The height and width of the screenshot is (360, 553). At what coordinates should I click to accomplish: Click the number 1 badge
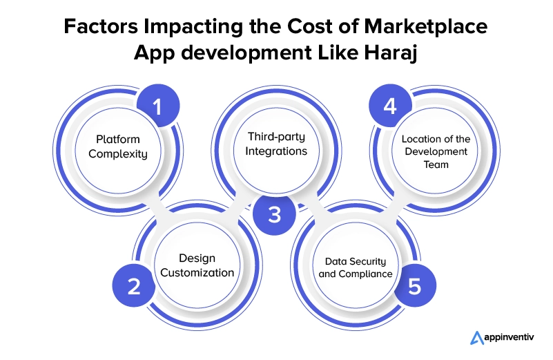coord(158,106)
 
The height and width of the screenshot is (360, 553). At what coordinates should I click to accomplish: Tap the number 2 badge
coord(134,285)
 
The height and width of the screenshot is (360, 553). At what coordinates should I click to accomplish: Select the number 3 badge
coord(274,214)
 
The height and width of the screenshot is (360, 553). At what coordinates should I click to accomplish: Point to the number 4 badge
coord(391,106)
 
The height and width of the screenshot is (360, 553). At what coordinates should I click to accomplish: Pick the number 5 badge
coord(415,285)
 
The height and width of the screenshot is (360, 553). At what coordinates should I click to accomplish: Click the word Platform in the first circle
coord(118,140)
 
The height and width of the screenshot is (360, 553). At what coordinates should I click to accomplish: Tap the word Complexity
coord(118,154)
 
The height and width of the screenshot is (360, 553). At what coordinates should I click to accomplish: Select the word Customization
coord(197,273)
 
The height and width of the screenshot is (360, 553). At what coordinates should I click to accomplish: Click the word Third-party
coord(276,137)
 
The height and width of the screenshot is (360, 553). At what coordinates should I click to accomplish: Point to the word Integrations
coord(276,151)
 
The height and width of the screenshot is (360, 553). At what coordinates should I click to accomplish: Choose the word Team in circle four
coord(436,164)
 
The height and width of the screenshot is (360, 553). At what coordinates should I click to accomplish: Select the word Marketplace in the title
coord(426,26)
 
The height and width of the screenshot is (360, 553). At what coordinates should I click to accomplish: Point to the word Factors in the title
coord(101,26)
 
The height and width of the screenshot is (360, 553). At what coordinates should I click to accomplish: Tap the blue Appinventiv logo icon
coord(477,338)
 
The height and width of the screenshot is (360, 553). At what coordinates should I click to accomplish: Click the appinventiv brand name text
coord(510,337)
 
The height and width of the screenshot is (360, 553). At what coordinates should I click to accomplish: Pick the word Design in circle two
coord(197,258)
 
